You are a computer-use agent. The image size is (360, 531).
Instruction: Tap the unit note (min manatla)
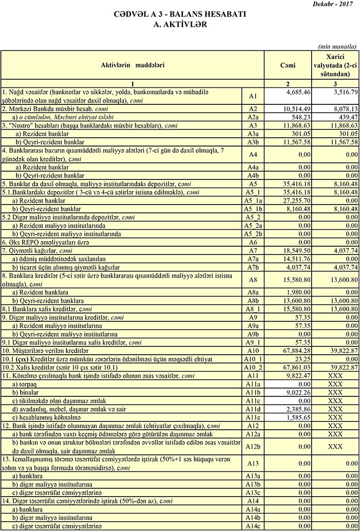(337, 46)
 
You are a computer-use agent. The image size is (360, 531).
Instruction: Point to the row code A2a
(253, 117)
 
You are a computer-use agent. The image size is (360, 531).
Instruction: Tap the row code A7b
(253, 267)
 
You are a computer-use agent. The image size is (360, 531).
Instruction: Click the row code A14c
(253, 526)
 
